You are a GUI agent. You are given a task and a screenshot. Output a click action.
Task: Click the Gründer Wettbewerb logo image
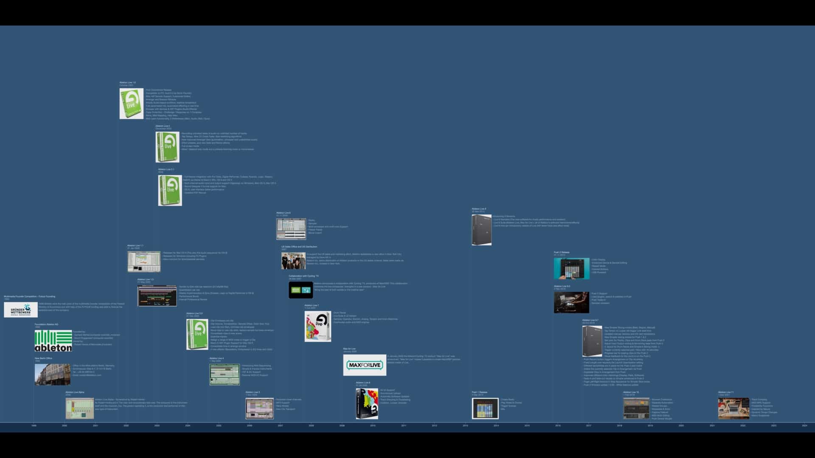(x=21, y=310)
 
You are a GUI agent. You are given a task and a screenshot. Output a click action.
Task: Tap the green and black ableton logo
(x=53, y=341)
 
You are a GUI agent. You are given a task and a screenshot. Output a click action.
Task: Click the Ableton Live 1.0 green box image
(x=131, y=103)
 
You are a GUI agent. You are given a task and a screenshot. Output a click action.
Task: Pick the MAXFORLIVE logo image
(x=365, y=365)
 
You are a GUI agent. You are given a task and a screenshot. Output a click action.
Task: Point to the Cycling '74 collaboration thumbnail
(x=301, y=290)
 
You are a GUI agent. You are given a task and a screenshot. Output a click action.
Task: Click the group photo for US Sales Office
(x=293, y=261)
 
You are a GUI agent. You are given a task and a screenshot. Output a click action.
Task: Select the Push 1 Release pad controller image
(x=485, y=408)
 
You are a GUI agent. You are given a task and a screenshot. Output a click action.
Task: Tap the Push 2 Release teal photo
(x=571, y=268)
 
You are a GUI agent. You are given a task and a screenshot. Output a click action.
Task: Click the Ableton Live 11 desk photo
(x=733, y=408)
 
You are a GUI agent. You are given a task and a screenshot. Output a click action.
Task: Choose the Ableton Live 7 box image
(x=318, y=327)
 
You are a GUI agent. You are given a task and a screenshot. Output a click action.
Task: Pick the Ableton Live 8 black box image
(x=367, y=404)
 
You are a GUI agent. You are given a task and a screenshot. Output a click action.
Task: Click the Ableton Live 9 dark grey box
(x=481, y=230)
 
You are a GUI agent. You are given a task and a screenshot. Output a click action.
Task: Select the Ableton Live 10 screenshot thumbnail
(x=636, y=408)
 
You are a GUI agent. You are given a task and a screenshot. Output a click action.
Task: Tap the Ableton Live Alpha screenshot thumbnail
(x=80, y=408)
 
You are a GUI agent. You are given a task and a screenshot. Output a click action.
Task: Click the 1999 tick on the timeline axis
(x=34, y=425)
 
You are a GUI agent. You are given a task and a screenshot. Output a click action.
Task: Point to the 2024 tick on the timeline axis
(x=804, y=425)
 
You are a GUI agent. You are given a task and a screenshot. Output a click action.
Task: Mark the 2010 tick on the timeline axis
(x=373, y=425)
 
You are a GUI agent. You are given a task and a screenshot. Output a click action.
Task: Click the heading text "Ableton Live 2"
(x=163, y=126)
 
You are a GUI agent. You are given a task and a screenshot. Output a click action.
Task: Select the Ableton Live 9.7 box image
(x=592, y=341)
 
